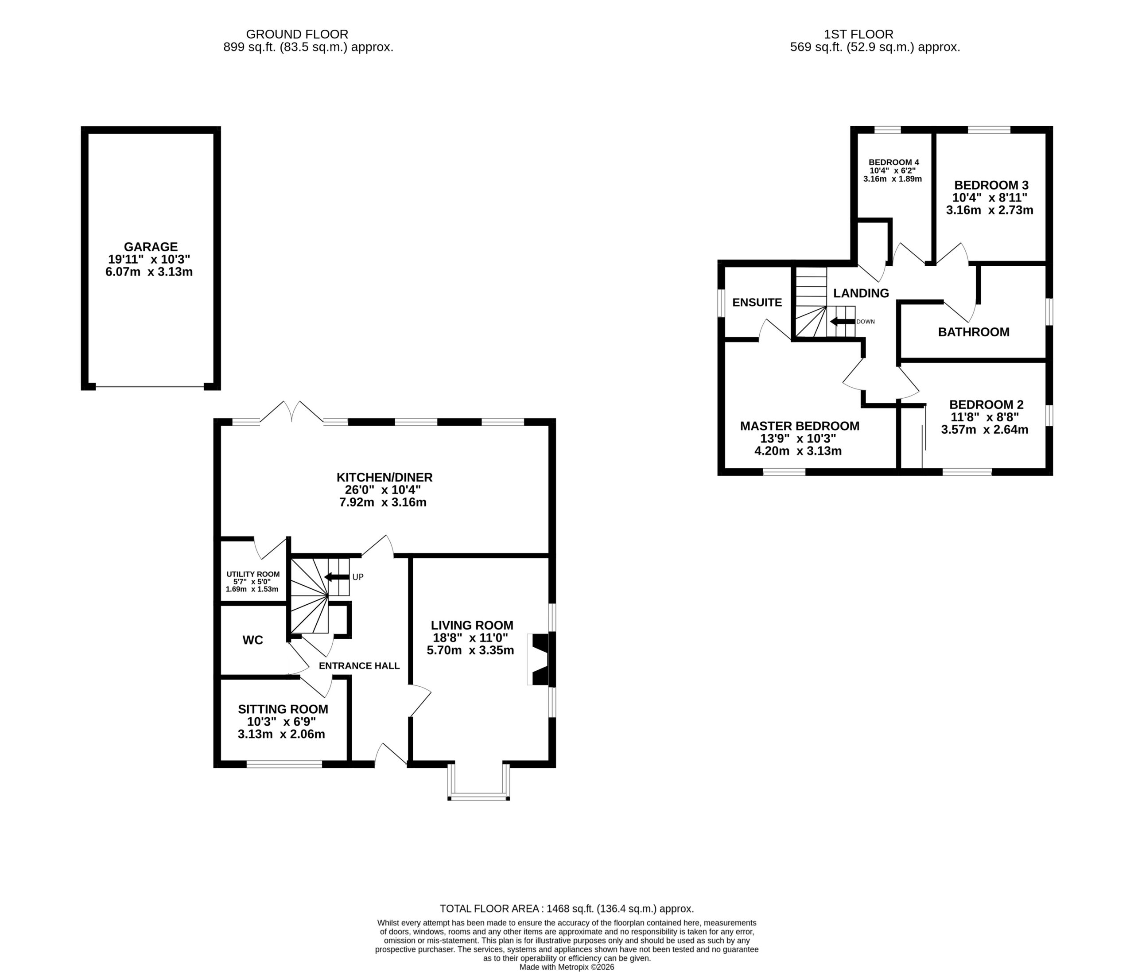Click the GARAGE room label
click(x=151, y=247)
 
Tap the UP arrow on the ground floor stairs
click(x=337, y=577)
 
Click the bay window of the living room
click(x=479, y=783)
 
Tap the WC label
click(x=253, y=640)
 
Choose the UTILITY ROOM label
click(x=253, y=574)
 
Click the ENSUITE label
click(x=757, y=303)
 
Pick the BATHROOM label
click(x=974, y=332)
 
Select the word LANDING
click(x=861, y=293)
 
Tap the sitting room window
click(x=284, y=765)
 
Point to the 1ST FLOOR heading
click(x=859, y=35)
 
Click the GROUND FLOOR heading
click(x=297, y=35)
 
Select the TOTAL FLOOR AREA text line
click(x=567, y=909)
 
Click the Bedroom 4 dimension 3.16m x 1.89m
click(x=893, y=179)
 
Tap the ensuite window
click(x=721, y=303)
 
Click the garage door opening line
click(x=150, y=387)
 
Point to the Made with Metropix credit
click(x=567, y=967)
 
